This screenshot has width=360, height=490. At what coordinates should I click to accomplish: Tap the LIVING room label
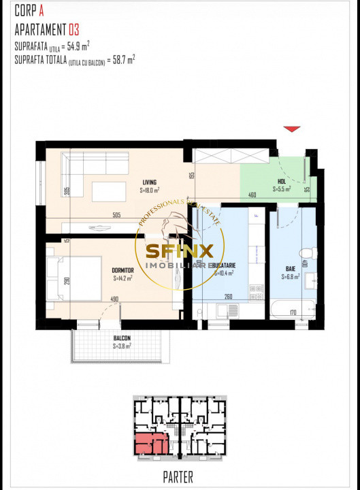[x=150, y=181]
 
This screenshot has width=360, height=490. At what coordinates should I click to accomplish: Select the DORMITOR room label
[x=122, y=270]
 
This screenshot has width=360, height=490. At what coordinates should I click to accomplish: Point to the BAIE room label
[x=290, y=269]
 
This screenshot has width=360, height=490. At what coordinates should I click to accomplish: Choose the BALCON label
[x=122, y=338]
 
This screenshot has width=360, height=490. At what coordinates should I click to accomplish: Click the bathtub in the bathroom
[x=292, y=310]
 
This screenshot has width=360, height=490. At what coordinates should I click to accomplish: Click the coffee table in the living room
[x=109, y=191]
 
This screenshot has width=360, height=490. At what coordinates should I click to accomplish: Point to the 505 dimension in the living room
[x=116, y=216]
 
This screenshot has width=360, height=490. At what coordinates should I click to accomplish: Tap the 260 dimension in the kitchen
[x=228, y=296]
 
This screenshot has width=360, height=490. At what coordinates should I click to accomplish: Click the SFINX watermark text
[x=180, y=250]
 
